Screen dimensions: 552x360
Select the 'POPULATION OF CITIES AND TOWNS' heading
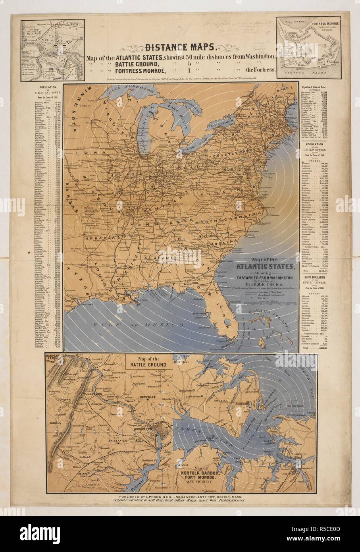point(47,89)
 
